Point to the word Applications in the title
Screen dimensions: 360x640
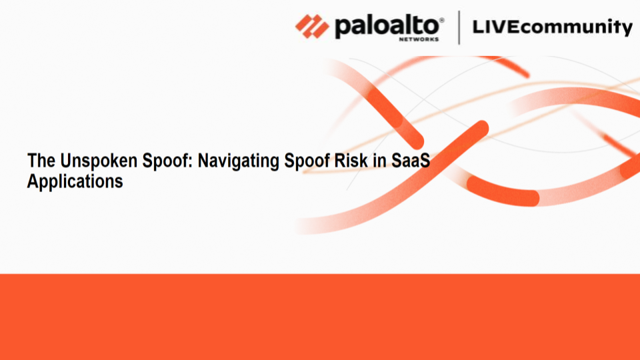coord(75,181)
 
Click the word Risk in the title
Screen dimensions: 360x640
coord(351,161)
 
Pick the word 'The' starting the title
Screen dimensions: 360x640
coord(39,161)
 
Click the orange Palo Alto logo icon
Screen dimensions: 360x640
coord(312,27)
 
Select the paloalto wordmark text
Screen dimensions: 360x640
coord(387,26)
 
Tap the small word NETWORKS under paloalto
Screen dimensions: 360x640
coord(418,39)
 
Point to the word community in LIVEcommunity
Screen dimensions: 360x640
coord(575,28)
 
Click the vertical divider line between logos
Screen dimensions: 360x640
coord(459,27)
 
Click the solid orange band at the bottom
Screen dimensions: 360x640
coord(320,317)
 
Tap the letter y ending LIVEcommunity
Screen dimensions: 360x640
coord(627,29)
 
